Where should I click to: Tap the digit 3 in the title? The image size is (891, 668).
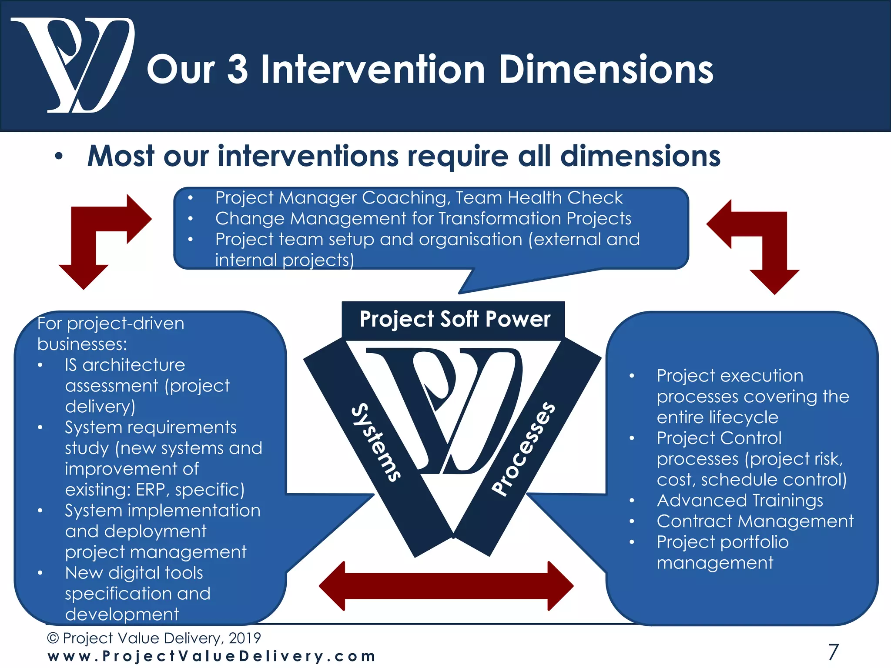tap(238, 70)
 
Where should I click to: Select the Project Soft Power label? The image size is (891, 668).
tap(455, 319)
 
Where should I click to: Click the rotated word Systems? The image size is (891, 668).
tap(376, 443)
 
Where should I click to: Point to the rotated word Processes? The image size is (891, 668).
tap(523, 449)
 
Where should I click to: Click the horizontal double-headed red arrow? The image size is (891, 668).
tap(446, 586)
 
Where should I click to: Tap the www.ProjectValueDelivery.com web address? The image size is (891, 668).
tap(211, 656)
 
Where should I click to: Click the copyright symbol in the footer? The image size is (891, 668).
tap(53, 638)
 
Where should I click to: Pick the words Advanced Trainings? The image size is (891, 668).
tap(740, 501)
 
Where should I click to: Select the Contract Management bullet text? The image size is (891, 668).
tap(755, 521)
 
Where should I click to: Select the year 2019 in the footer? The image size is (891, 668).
tap(245, 638)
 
